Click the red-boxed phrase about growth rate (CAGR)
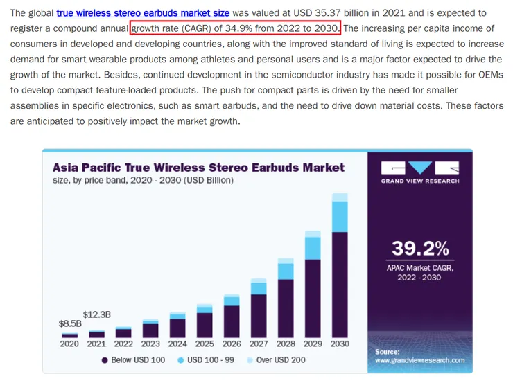[x=236, y=28]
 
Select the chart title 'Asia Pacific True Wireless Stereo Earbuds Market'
[x=198, y=168]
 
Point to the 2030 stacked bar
[x=339, y=277]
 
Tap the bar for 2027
[x=259, y=312]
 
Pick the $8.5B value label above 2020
[x=69, y=323]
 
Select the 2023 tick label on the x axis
[x=150, y=344]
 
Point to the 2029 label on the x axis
[x=313, y=344]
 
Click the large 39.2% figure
[x=420, y=248]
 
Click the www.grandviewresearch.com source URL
[x=419, y=361]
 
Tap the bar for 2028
[x=286, y=301]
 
